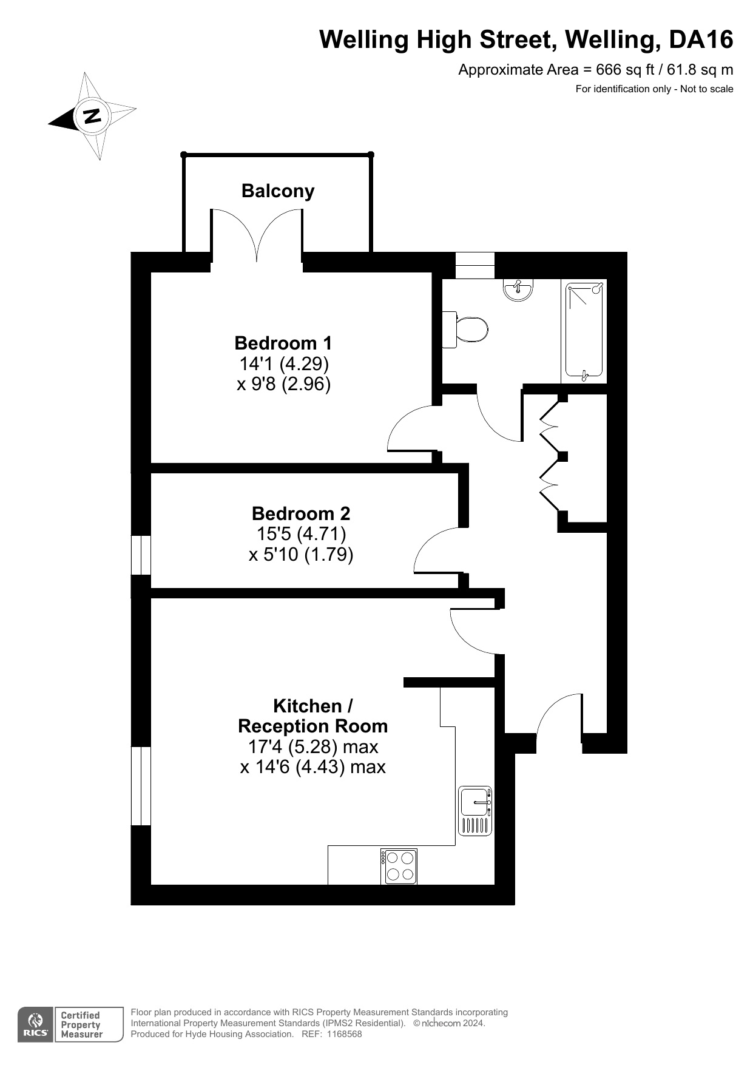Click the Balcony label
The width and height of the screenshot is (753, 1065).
278,191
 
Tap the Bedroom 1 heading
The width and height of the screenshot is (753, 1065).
283,343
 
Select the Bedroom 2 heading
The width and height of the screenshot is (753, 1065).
301,513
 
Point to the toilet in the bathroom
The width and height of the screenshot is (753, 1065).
465,329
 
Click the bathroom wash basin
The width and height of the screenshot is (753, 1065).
518,289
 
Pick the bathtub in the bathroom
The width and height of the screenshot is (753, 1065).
584,331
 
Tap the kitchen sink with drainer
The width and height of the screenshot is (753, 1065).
475,811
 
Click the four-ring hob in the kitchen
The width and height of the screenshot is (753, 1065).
399,866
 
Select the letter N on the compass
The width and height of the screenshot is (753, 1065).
92,115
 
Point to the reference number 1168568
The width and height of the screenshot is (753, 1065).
344,1034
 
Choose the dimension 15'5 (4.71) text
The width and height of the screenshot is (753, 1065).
301,534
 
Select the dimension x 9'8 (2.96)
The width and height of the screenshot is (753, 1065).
283,384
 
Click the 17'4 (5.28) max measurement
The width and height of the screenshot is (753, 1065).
313,746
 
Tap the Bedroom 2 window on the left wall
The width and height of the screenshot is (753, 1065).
141,555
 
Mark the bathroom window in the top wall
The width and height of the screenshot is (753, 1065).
475,265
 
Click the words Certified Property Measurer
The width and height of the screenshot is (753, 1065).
81,1025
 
